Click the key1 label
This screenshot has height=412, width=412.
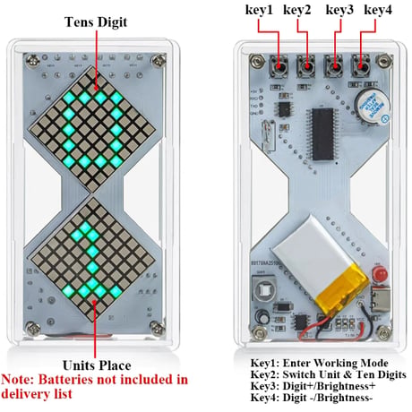click(259, 10)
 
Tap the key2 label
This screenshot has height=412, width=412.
click(297, 10)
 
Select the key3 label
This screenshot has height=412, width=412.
click(339, 10)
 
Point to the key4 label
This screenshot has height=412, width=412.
click(378, 10)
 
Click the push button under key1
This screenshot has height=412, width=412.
click(279, 66)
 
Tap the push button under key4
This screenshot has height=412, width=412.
click(361, 66)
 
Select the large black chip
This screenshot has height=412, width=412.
click(323, 133)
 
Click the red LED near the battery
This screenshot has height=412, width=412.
click(379, 274)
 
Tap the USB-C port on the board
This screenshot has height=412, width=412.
click(381, 298)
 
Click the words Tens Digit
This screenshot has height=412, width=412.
click(96, 22)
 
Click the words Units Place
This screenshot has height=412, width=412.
click(97, 365)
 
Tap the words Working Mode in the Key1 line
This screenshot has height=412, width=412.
click(351, 364)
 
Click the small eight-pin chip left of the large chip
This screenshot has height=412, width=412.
click(284, 109)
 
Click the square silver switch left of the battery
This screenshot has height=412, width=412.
click(264, 289)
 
